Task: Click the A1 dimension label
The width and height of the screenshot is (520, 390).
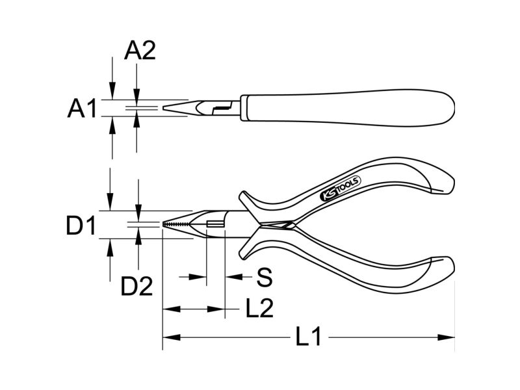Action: pos(82,108)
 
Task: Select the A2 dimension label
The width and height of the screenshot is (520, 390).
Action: pos(140,51)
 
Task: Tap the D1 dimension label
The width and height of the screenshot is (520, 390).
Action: pos(81,226)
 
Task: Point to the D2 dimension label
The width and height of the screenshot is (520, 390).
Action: pos(136,287)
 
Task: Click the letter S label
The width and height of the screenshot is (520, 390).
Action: pos(265,277)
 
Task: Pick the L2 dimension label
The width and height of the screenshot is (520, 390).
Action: pos(259,308)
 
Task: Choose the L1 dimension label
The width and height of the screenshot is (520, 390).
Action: pos(308,337)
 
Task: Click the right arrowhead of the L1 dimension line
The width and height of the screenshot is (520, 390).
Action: pos(446,337)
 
